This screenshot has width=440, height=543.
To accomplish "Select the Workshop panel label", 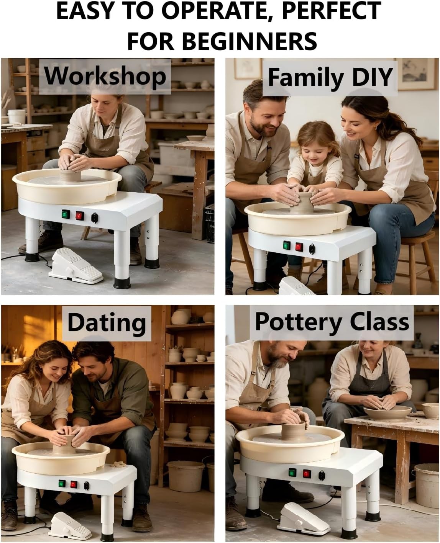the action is [x=105, y=76].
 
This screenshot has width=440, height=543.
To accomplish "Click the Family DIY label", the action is [x=330, y=77].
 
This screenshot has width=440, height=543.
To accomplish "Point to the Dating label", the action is [x=107, y=323].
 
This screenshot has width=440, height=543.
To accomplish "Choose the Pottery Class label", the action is [x=332, y=322].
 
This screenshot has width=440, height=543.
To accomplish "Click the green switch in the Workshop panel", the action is [x=66, y=214].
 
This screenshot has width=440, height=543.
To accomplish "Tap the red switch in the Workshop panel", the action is [x=80, y=216].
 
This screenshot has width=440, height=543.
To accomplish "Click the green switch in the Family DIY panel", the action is [x=287, y=245].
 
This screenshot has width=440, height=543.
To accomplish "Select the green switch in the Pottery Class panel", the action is [x=292, y=473].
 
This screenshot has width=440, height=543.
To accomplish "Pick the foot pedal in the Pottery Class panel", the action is [x=303, y=514].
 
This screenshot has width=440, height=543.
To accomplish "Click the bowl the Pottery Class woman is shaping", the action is [x=387, y=412].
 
